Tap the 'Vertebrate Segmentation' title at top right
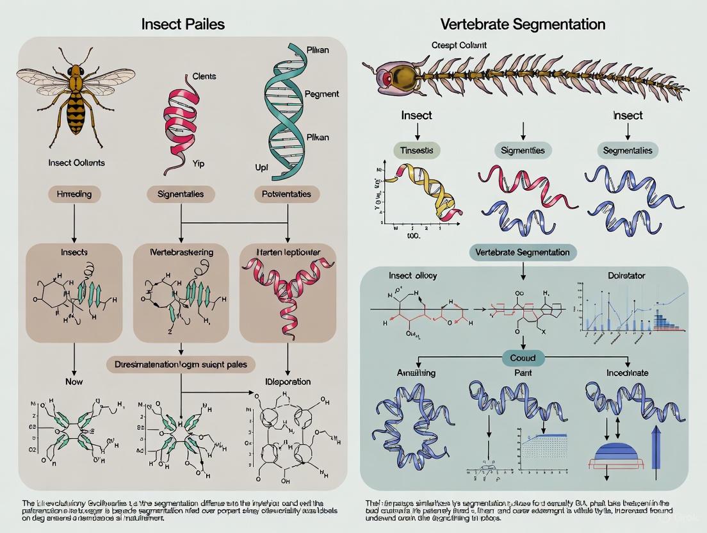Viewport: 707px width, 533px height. pos(523,25)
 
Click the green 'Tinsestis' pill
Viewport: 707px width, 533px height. pos(418,151)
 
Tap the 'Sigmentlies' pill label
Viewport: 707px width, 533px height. pos(523,151)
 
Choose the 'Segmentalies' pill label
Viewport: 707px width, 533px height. pos(628,151)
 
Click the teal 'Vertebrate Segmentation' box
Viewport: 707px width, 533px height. pos(523,252)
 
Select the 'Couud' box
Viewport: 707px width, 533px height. pos(523,357)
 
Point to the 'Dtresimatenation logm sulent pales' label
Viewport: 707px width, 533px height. pos(181,364)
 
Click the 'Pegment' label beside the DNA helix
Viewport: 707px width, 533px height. pos(322,94)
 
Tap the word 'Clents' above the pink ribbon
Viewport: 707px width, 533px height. pos(204,76)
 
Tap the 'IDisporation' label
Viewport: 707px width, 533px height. pos(287,382)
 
